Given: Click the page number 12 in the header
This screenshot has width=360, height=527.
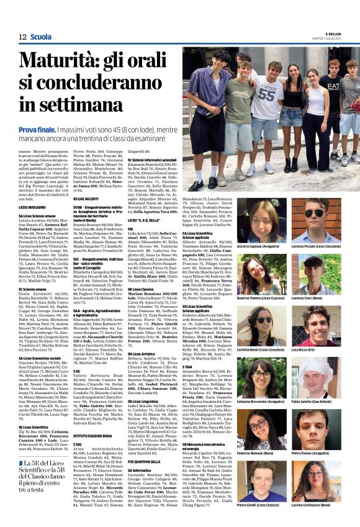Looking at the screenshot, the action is pyautogui.click(x=22, y=37).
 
